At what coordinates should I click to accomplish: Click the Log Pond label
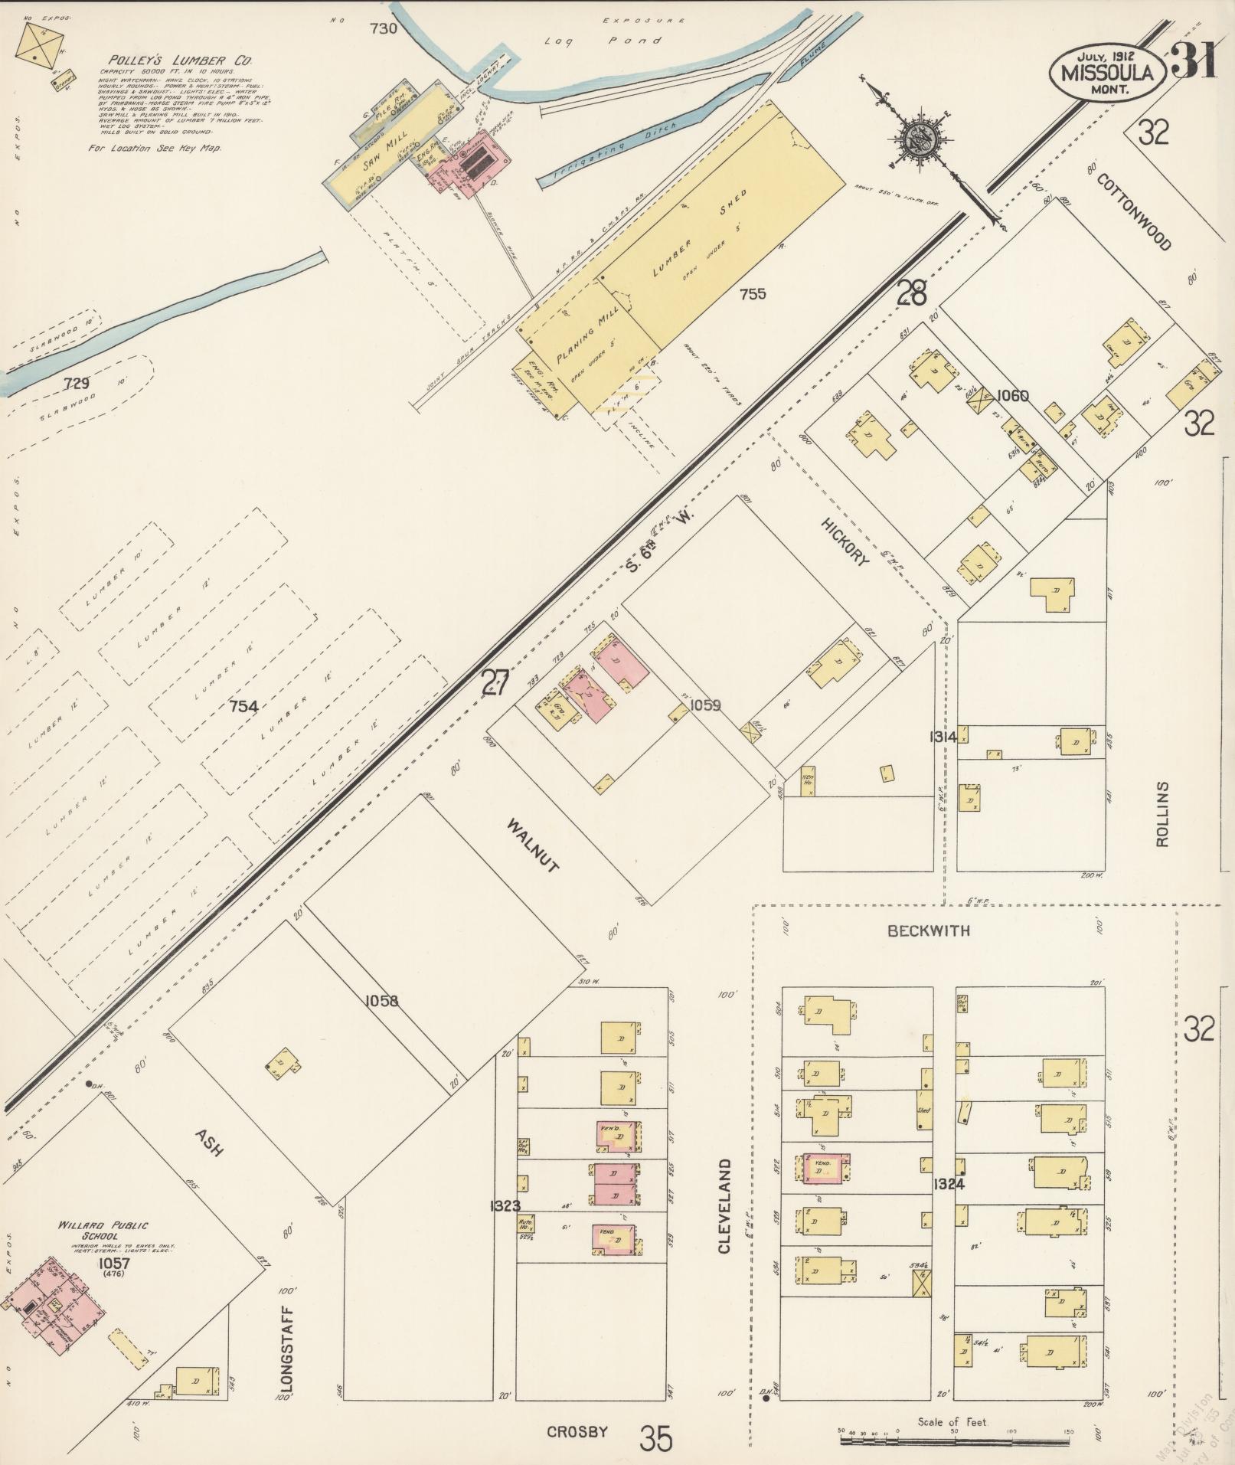click(603, 41)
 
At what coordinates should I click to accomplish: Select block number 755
click(753, 293)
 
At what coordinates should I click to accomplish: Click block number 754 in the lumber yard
click(243, 706)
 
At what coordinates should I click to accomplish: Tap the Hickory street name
click(845, 541)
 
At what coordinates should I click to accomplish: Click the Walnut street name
click(533, 845)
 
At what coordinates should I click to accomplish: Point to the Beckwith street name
click(929, 930)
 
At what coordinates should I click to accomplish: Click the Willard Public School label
click(103, 1231)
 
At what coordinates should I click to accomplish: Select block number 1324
click(948, 1184)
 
